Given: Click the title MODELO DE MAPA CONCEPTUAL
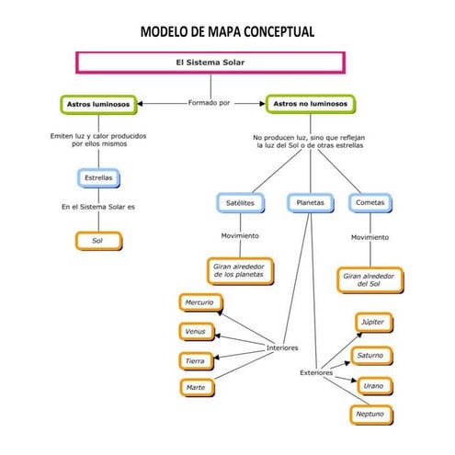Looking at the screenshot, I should (227, 32).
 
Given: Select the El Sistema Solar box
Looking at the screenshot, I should (210, 63).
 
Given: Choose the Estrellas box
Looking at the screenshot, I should (98, 176).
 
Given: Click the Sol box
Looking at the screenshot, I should (97, 241).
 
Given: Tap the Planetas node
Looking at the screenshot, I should (310, 202).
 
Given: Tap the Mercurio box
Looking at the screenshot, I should (199, 302).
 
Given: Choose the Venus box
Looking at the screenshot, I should (195, 331).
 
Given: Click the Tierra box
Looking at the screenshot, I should (195, 360).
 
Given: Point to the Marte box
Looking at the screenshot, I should (195, 388).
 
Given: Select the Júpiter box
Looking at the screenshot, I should (373, 322).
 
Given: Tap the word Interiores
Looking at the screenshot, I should (282, 348).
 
